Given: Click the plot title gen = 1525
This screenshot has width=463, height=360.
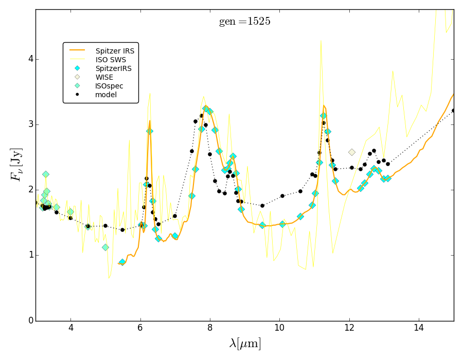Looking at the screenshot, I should coord(244,22).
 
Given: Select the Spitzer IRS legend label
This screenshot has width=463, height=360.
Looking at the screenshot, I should coord(115,51).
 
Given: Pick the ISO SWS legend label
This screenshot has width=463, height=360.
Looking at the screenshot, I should coord(109,60).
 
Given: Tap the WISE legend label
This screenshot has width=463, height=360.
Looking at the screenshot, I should coord(104,77).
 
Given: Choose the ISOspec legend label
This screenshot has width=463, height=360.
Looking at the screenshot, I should coord(109,86).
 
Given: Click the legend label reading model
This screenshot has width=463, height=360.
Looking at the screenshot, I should coord(106,95).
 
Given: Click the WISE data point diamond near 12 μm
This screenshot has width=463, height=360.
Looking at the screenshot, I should coord(352,152).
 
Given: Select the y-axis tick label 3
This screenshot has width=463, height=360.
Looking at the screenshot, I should coord(29,124).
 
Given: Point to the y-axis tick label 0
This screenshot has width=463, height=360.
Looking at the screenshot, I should coord(29,320).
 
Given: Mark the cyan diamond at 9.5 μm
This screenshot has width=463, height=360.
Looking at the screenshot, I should coord(262,225).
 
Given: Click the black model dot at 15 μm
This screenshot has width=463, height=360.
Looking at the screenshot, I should coord(453,111).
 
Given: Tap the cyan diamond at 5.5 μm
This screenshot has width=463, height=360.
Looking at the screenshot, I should coord(122,262).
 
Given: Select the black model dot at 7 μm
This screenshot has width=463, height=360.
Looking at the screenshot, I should coord(175,216).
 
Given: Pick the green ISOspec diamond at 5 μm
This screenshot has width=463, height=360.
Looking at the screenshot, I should coord(105,247).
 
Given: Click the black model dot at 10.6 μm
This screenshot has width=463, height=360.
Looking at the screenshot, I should coord(300,191).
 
